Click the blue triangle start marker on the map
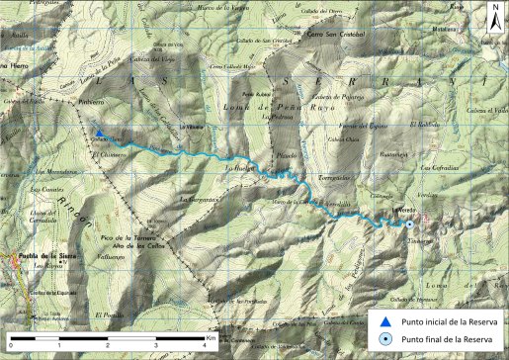click(99, 134)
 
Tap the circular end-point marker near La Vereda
click(409, 225)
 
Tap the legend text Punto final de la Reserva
click(446, 339)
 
